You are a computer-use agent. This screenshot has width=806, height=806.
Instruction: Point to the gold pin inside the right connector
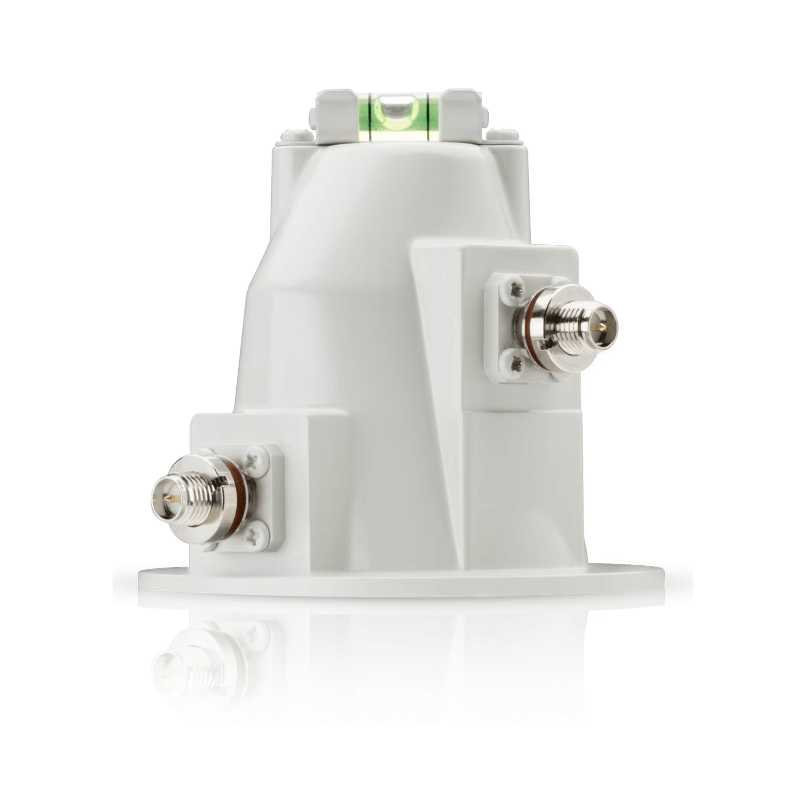tap(599, 328)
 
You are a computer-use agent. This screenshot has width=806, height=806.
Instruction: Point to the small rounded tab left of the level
tap(296, 135)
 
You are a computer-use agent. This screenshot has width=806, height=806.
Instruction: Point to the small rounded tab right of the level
tap(502, 135)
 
